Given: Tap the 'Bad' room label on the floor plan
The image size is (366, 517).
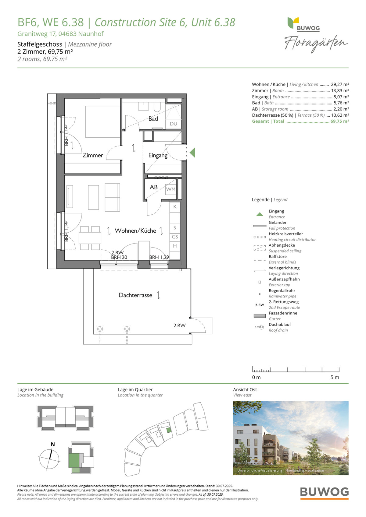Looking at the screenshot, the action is click(153, 119).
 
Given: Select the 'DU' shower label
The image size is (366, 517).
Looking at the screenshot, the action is click(174, 124).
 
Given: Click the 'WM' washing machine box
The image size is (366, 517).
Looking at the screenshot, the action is click(170, 189).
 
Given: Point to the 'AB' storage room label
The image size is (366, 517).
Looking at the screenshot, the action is click(153, 187).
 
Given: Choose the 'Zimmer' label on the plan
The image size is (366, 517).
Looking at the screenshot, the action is click(93, 155).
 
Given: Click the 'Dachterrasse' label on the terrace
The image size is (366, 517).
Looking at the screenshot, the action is click(135, 295).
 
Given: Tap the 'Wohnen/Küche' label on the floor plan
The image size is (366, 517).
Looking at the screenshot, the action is click(135, 231).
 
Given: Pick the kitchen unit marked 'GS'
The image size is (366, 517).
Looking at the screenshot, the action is click(175, 237).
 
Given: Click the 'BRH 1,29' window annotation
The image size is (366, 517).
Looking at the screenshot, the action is click(159, 257).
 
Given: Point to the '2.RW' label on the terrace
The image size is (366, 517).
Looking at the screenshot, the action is click(179, 325).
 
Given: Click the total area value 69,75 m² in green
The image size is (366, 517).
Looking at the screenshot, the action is click(340, 121).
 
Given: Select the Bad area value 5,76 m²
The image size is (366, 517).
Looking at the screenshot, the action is click(341, 103).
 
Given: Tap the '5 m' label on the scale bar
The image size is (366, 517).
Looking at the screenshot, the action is click(335, 377).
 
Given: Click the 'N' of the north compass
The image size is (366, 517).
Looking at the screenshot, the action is click(53, 444).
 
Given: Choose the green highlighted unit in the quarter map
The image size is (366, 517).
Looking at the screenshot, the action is click(169, 430).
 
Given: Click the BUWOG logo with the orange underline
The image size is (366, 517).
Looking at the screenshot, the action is click(325, 493).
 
